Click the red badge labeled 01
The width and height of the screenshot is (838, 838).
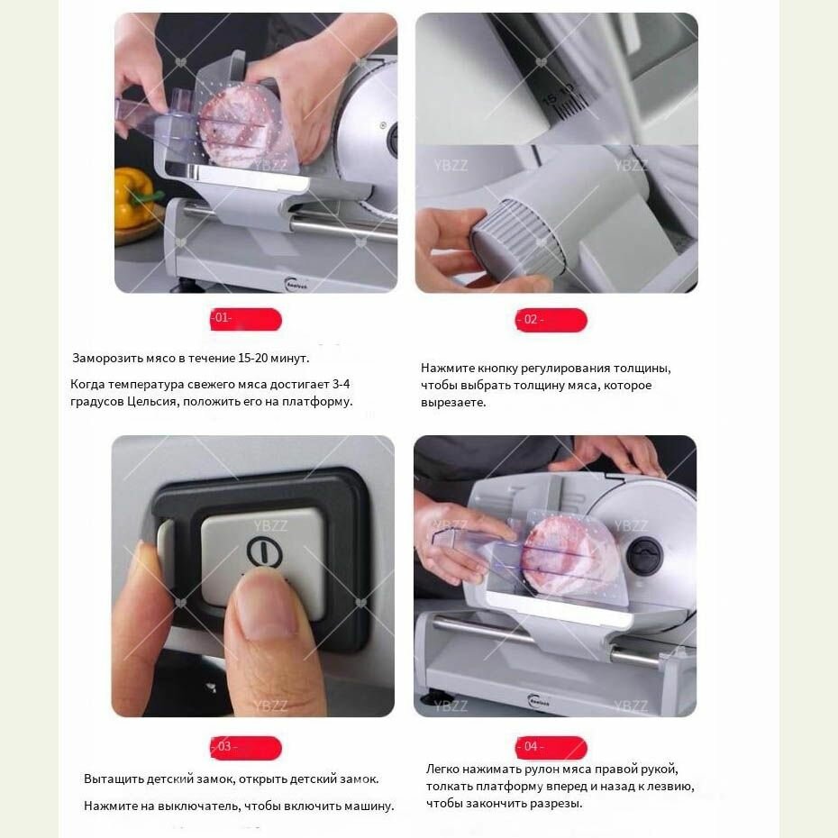click(x=246, y=319)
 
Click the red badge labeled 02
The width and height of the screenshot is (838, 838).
click(x=551, y=320)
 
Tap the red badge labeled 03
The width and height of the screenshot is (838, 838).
click(x=245, y=747)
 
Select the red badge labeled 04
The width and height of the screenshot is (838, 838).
click(x=551, y=747)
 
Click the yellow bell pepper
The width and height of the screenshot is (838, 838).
click(x=135, y=196)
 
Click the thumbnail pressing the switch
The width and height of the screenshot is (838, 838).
click(x=266, y=603)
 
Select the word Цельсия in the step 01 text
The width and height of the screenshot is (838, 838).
click(x=152, y=401)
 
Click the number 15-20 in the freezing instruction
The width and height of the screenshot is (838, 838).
click(x=253, y=358)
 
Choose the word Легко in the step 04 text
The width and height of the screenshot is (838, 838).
click(x=442, y=769)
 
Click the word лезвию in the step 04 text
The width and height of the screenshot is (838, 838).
click(x=672, y=787)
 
